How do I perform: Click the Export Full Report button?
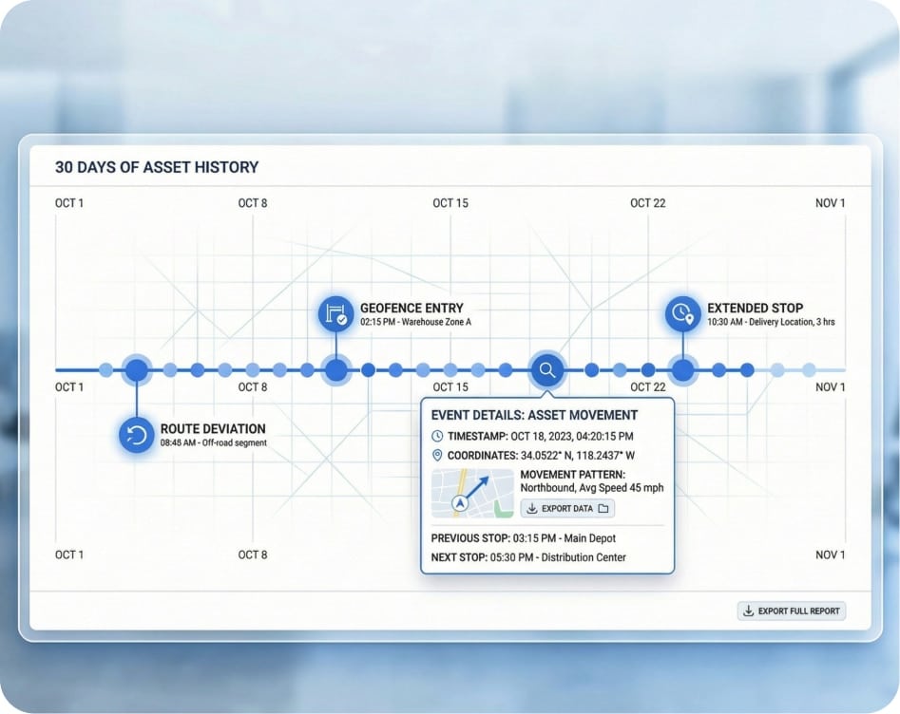pos(791,611)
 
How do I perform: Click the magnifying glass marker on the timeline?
pos(547,370)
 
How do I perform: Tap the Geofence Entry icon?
pos(335,313)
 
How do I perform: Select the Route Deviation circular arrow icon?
pos(137,435)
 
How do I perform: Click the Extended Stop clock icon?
pos(682,313)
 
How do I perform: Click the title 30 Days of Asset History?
pos(157,167)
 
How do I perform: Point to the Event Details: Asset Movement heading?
pos(534,415)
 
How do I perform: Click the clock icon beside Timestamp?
pos(437,436)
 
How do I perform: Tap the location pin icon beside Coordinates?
pos(437,456)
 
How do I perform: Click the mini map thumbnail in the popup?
pos(472,493)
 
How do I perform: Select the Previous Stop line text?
pos(524,538)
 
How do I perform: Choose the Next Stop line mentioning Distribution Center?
pos(528,557)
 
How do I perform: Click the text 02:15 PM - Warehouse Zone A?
pos(415,322)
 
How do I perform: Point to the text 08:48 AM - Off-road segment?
pos(214,442)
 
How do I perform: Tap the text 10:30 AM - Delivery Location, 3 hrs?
pos(771,322)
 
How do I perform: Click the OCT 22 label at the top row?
pos(648,203)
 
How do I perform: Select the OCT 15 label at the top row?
pos(450,203)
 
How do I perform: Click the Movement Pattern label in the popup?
pos(573,475)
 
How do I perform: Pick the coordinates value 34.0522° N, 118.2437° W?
pos(578,456)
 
